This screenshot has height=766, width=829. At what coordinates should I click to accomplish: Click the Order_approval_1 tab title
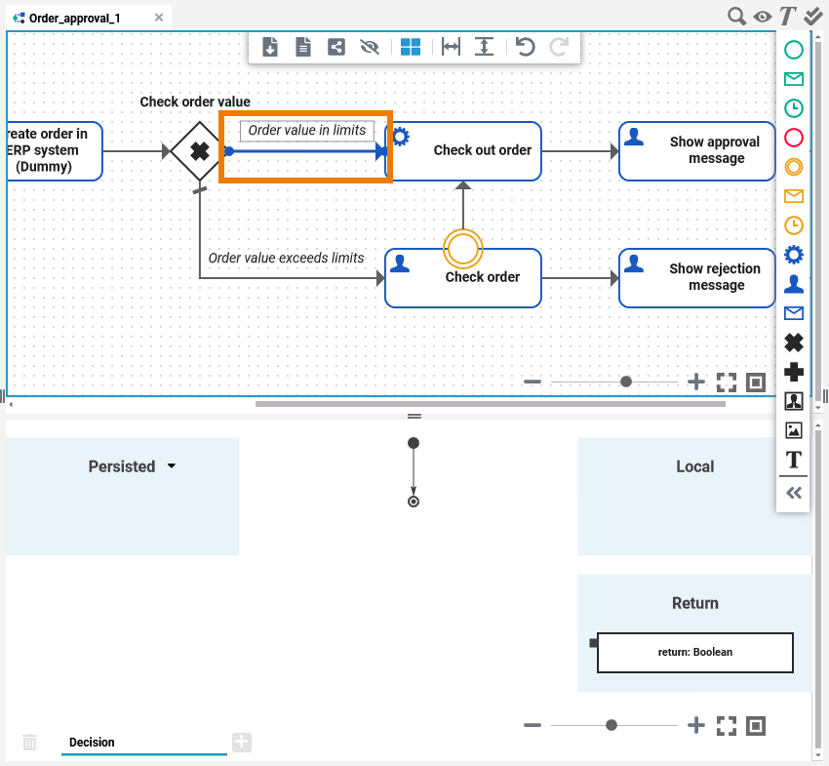click(x=74, y=18)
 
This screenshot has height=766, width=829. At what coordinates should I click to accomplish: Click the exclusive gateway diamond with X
click(x=199, y=151)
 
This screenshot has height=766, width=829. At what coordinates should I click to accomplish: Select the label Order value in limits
click(x=306, y=131)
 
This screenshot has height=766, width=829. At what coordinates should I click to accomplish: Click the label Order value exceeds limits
click(x=286, y=259)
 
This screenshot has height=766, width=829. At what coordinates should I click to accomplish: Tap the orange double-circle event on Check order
click(x=463, y=249)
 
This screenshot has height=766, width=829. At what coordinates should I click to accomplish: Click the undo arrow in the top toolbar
click(x=526, y=47)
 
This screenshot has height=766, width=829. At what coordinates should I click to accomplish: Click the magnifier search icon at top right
click(x=737, y=17)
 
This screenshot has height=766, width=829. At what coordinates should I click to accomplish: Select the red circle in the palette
click(x=794, y=138)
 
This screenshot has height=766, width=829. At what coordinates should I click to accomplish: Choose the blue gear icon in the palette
click(x=794, y=255)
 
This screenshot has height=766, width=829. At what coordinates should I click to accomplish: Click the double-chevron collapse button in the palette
click(x=794, y=493)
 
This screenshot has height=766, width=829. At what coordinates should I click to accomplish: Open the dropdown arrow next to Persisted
click(x=172, y=466)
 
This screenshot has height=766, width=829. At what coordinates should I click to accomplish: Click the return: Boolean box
click(x=694, y=652)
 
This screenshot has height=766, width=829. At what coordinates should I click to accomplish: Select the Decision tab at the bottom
click(x=92, y=743)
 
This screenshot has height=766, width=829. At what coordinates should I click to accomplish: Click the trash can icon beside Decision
click(x=30, y=743)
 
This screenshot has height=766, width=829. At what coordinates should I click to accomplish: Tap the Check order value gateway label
click(x=195, y=101)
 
